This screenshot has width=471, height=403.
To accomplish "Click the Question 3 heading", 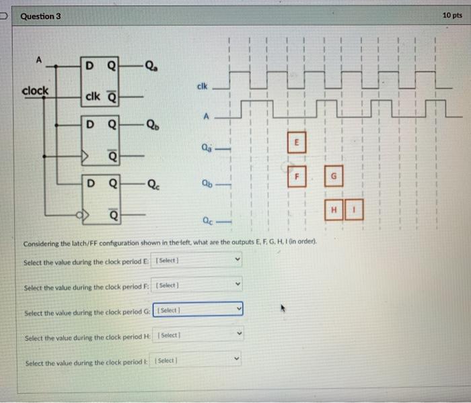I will pos(41,15).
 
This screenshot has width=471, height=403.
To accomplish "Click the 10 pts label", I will pos(452,15).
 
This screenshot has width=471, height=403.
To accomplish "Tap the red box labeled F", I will pos(293,177).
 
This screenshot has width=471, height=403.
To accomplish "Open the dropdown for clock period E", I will pos(198,260).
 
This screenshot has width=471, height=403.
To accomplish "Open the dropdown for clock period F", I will pos(198,285).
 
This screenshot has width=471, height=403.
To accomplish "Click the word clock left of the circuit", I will pos(35,91).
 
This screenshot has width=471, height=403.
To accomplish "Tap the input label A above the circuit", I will pos(39,59).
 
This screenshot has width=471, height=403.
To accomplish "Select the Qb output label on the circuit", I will pos(154,125).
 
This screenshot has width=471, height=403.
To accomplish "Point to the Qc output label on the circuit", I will pos(154,183).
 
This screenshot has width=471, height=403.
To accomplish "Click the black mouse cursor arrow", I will pos(284,310).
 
